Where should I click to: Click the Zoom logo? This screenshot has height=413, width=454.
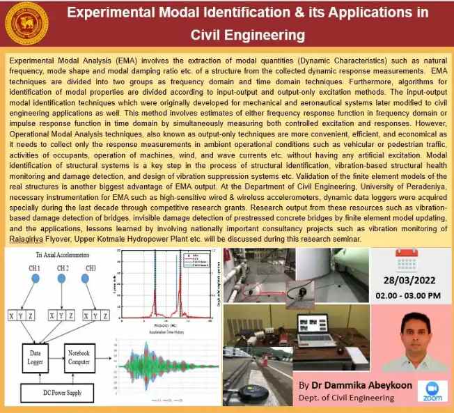coord(431,393)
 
